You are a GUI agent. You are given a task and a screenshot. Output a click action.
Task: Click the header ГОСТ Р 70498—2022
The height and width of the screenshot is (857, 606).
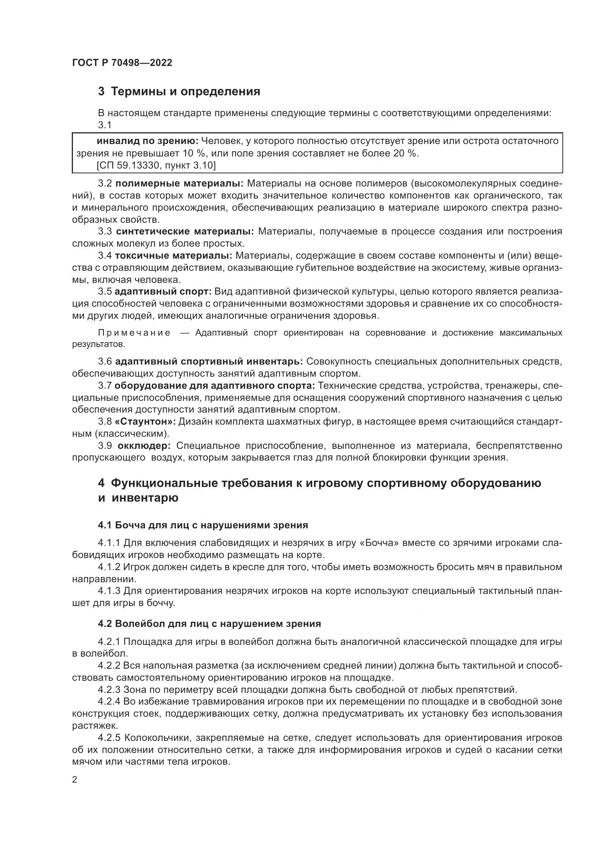122,63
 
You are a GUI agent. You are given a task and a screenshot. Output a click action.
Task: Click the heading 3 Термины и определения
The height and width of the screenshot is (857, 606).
179,92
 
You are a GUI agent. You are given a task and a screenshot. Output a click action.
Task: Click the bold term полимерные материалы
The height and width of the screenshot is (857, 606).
179,184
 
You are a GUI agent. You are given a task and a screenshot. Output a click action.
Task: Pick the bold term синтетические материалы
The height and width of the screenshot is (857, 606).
185,232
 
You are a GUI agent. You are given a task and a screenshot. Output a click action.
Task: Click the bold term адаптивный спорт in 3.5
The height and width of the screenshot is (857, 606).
163,292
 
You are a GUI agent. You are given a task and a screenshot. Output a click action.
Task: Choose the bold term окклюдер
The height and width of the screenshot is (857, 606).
144,446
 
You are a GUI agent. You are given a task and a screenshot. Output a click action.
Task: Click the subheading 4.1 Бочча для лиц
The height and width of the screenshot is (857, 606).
203,525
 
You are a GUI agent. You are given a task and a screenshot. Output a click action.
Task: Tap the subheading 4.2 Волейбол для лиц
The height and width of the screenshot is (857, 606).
209,624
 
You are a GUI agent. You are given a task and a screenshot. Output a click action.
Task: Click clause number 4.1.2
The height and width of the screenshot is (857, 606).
109,567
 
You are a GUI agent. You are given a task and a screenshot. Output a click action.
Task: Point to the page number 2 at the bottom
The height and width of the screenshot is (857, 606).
75,780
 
